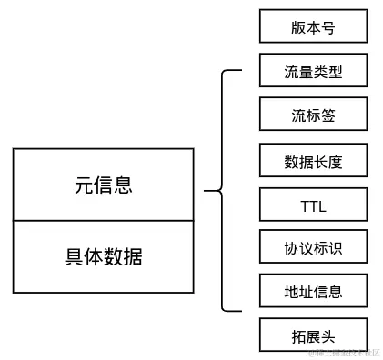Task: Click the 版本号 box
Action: pyautogui.click(x=313, y=26)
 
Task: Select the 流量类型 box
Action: pyautogui.click(x=313, y=71)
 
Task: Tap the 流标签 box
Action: pyautogui.click(x=313, y=115)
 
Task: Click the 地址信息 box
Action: pyautogui.click(x=313, y=291)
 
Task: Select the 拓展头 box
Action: pyautogui.click(x=313, y=335)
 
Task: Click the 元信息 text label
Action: pyautogui.click(x=103, y=185)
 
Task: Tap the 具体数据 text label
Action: pyautogui.click(x=103, y=256)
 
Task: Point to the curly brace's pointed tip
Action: pyautogui.click(x=206, y=191)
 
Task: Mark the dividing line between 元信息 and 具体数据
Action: pyautogui.click(x=103, y=220)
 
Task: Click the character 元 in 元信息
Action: pyautogui.click(x=84, y=185)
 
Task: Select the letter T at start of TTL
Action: pyautogui.click(x=304, y=205)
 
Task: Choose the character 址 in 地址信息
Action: pyautogui.click(x=307, y=292)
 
